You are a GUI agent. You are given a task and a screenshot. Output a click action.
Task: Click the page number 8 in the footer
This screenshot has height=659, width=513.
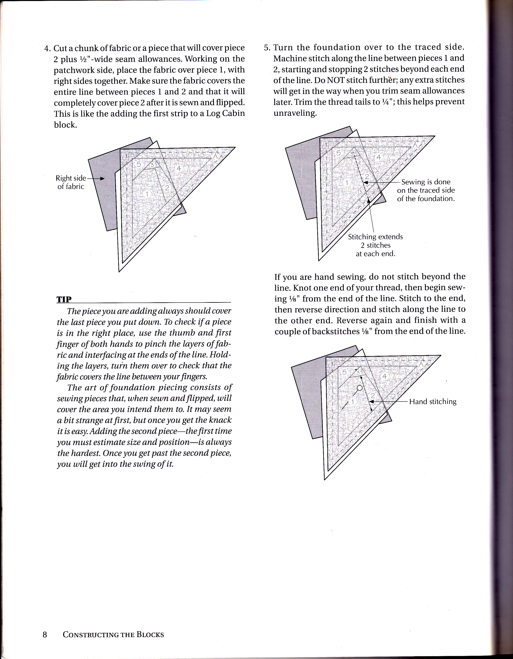(45, 634)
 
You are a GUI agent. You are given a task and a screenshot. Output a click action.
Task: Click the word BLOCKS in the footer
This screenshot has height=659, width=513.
(150, 634)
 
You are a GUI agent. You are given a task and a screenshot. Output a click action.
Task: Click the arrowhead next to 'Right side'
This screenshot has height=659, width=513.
(102, 179)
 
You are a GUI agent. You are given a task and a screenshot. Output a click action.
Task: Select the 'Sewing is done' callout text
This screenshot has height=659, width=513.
(426, 182)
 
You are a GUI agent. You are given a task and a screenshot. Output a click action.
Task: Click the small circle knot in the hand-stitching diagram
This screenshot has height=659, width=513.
(359, 388)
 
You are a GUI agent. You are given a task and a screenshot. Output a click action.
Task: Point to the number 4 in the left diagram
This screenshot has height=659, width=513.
(179, 168)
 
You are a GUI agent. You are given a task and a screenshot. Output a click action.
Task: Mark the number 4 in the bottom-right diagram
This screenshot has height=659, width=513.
(384, 376)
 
